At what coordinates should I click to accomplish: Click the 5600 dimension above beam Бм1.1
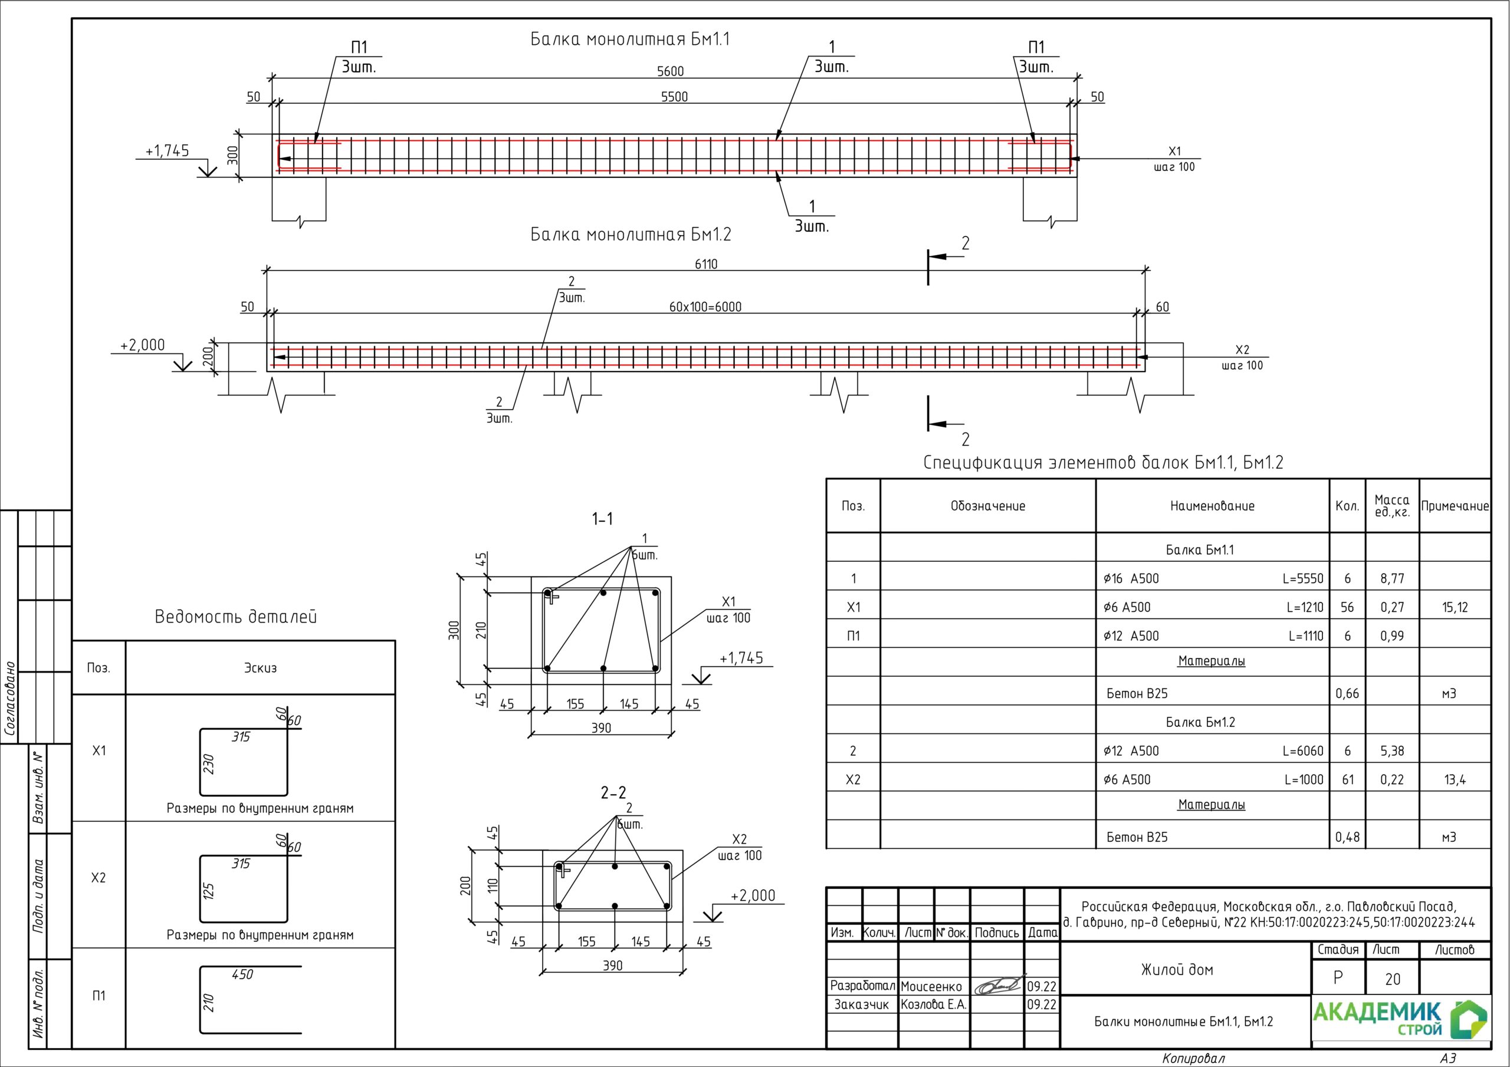click(x=670, y=71)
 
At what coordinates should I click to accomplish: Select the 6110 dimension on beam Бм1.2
click(x=705, y=264)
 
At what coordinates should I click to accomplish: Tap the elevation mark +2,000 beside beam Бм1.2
click(x=142, y=345)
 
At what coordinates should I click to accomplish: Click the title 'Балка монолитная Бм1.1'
click(x=629, y=39)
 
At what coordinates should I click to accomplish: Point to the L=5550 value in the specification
click(x=1302, y=578)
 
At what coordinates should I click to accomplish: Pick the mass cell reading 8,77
click(x=1391, y=578)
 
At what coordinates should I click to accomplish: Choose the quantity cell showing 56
click(x=1347, y=607)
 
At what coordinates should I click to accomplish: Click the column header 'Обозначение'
click(x=987, y=506)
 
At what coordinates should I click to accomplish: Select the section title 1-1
click(x=602, y=519)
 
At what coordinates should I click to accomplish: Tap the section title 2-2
click(x=613, y=793)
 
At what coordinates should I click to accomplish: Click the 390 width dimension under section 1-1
click(x=600, y=728)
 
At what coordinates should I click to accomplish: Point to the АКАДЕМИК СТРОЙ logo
click(x=1400, y=1019)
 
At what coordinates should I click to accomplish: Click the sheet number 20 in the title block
click(x=1392, y=980)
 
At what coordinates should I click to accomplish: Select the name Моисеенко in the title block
click(x=931, y=986)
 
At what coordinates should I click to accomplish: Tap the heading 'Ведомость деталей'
click(x=235, y=617)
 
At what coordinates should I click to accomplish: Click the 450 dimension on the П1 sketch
click(x=242, y=974)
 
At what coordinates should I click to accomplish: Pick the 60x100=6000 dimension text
click(x=705, y=307)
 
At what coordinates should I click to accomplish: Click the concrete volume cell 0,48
click(x=1347, y=838)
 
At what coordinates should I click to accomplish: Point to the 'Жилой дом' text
click(x=1177, y=970)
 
